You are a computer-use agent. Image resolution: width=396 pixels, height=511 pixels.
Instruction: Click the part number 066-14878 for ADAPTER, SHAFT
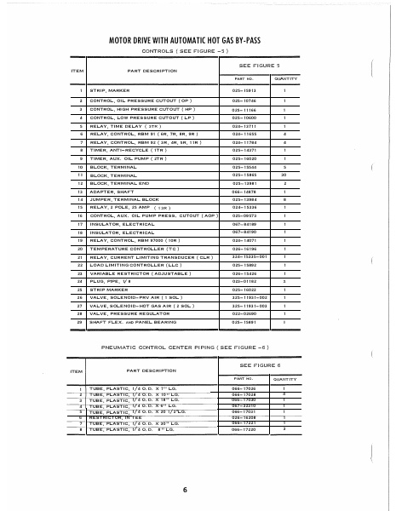click(244, 191)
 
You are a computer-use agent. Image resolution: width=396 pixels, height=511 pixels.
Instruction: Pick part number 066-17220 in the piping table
click(244, 430)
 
